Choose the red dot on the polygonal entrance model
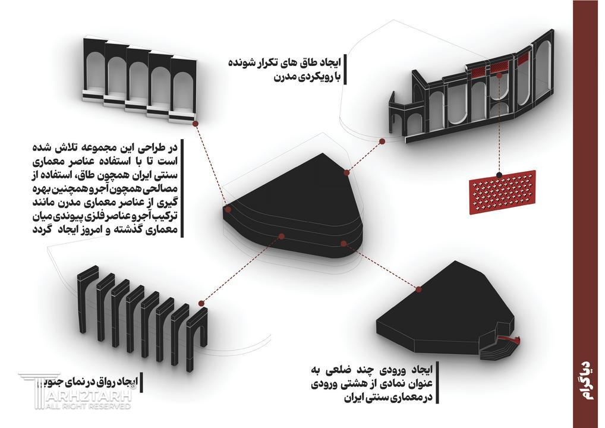click(x=420, y=289)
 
